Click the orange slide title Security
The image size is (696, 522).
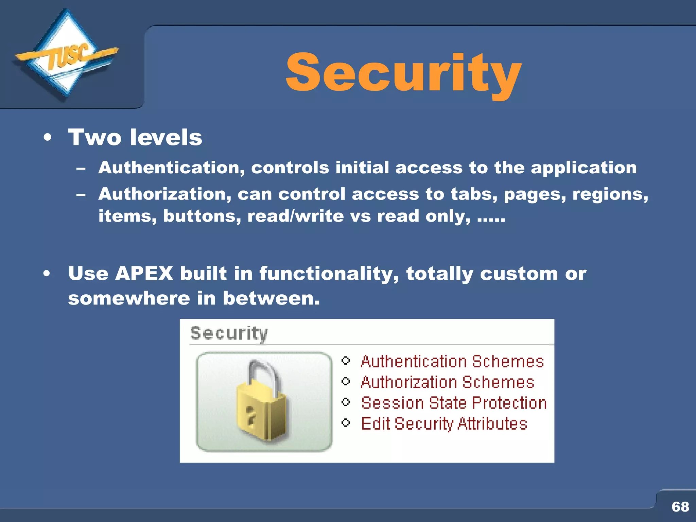tap(403, 73)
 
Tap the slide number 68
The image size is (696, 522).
tap(680, 507)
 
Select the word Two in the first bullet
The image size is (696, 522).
tap(95, 138)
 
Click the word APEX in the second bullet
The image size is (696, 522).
tap(144, 274)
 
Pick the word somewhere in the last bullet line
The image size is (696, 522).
tap(129, 298)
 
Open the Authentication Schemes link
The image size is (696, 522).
tap(452, 361)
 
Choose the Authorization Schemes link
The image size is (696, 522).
tap(447, 382)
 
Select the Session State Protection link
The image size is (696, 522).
tap(454, 403)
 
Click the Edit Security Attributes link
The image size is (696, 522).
tap(444, 424)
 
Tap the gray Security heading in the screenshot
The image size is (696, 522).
tap(229, 333)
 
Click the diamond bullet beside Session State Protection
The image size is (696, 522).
tap(346, 402)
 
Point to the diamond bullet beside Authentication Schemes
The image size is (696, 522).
tap(346, 360)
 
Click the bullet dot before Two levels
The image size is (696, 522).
tap(48, 138)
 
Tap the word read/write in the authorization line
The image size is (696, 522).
tap(295, 216)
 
